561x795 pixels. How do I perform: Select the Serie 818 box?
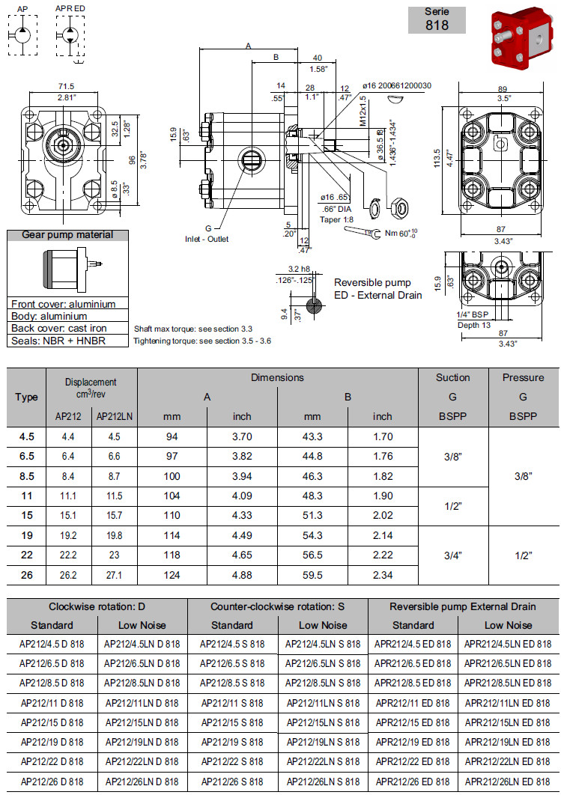[x=437, y=19]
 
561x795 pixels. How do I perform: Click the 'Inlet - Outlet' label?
[x=207, y=239]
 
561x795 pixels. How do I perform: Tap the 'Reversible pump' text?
[x=372, y=282]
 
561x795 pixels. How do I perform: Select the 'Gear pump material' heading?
[x=67, y=235]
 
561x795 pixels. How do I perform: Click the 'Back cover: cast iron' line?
[x=59, y=329]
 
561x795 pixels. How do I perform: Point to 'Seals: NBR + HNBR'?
[x=58, y=341]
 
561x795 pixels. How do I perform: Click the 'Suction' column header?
[x=452, y=377]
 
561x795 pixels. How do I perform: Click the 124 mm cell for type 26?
[x=173, y=576]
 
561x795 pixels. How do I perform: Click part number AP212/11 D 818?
[x=52, y=703]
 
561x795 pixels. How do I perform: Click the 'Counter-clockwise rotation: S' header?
[x=277, y=606]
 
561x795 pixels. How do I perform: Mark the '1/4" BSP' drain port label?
[x=473, y=314]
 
